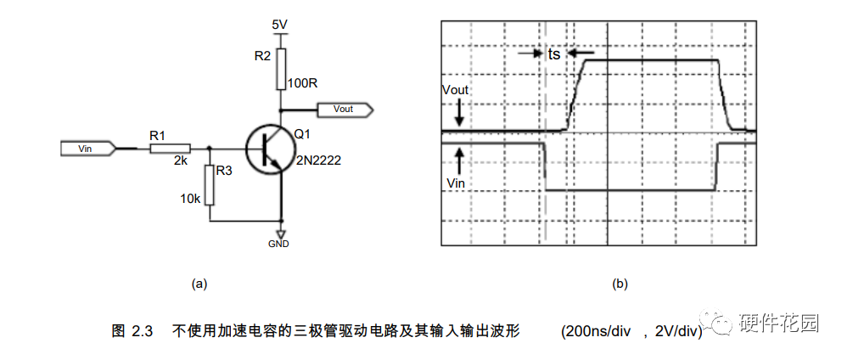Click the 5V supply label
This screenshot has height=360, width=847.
tap(280, 25)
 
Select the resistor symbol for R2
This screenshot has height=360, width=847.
tap(280, 68)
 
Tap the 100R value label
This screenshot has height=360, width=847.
tap(302, 84)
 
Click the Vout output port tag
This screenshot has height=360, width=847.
tap(344, 110)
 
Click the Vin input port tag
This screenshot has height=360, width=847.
tap(86, 149)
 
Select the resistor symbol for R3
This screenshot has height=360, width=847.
tap(209, 186)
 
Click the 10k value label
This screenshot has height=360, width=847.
tap(189, 199)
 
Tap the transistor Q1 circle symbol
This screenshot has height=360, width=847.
tap(270, 149)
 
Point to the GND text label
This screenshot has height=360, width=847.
tap(278, 244)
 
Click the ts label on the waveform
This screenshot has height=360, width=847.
tap(553, 53)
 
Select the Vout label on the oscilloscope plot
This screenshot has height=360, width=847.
tap(456, 90)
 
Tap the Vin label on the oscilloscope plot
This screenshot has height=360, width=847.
tap(455, 181)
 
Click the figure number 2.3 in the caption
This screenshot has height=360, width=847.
tap(141, 331)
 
